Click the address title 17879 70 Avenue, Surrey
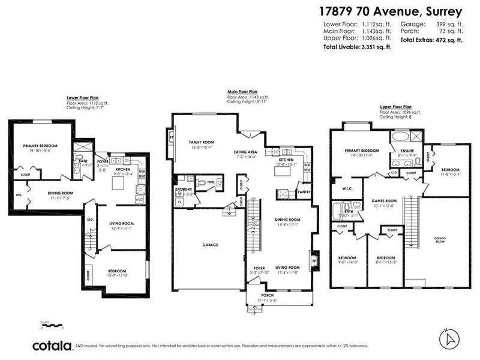point(392,11)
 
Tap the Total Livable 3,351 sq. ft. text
point(357,47)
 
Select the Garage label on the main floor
point(209,245)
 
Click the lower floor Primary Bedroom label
point(38,146)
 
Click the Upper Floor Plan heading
point(396,106)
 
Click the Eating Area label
point(246,152)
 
